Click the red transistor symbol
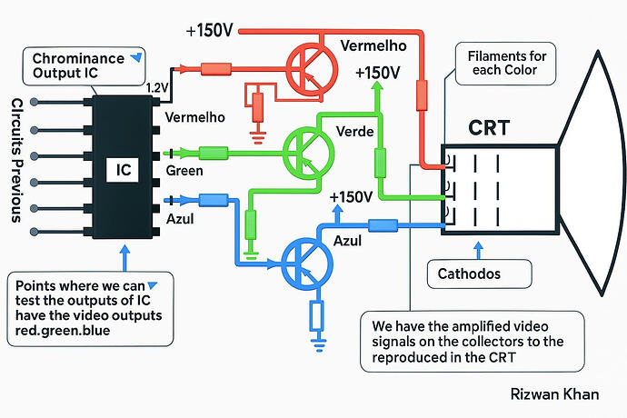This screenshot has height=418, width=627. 312,69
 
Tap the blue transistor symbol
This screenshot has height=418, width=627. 307,264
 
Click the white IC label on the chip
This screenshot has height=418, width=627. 123,170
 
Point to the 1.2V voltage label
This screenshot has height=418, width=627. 157,88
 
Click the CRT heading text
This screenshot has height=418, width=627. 489,128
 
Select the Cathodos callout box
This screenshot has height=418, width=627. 480,274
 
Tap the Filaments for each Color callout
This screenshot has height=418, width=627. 505,64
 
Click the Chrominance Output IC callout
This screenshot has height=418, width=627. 84,66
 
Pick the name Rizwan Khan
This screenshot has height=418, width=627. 554,394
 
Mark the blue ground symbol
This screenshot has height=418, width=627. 318,344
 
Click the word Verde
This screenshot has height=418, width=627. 354,131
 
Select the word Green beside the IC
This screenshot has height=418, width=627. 184,171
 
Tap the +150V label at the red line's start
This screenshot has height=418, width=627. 209,30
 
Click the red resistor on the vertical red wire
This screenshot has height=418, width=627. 422,95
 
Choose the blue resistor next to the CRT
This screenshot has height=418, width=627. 383,225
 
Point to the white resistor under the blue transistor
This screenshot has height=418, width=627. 317,315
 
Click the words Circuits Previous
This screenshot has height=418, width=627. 16,161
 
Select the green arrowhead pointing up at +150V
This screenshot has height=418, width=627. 376,86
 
